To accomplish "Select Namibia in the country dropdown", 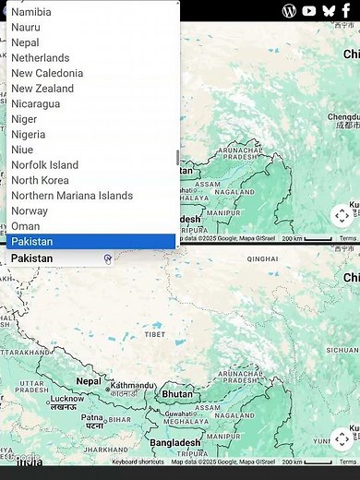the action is (31, 12).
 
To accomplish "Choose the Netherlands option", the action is (40, 58).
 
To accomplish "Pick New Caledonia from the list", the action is (47, 73).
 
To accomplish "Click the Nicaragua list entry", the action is (35, 103).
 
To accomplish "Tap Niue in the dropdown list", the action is (22, 150).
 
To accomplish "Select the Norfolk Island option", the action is (44, 165).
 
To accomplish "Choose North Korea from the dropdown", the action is (40, 180).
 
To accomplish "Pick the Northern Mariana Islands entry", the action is (72, 196).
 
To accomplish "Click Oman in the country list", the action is (26, 226).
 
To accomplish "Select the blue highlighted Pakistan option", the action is (32, 242).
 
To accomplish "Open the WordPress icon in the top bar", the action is (289, 10).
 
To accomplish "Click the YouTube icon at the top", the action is (308, 10).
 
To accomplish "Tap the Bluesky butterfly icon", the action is (328, 10).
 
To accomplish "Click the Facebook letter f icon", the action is (346, 10).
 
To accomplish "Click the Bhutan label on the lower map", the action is (177, 393).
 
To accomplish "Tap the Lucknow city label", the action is (66, 399).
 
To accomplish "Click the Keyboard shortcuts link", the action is (138, 462).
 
